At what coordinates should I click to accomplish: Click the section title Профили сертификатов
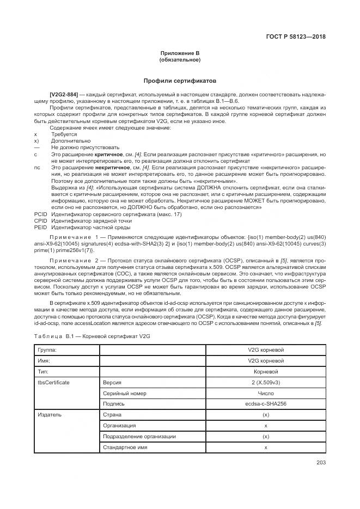click(180, 79)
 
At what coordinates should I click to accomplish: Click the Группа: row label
click(47, 349)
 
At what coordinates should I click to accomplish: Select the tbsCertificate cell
click(53, 382)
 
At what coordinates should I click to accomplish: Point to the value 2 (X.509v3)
click(266, 382)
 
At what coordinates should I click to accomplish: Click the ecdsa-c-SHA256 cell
click(266, 404)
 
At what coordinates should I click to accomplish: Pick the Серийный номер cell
click(125, 393)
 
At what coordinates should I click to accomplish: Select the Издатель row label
click(49, 415)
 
